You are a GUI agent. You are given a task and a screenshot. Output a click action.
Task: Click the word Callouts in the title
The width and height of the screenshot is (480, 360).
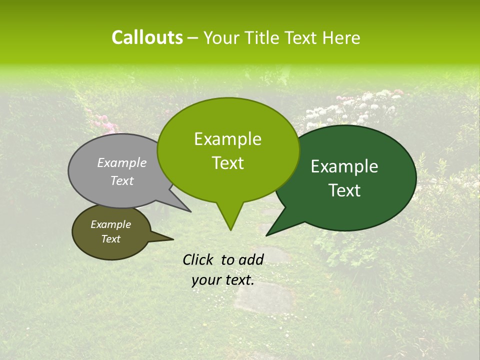(x=147, y=37)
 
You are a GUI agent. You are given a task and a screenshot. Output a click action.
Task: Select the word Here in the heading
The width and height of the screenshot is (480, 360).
(x=341, y=38)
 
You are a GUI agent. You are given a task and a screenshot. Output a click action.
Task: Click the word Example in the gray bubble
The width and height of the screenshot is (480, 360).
(x=122, y=162)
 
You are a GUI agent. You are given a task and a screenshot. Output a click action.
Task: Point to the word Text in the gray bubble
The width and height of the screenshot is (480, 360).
(x=122, y=180)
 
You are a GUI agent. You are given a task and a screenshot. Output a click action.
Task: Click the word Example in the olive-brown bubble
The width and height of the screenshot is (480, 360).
(x=110, y=224)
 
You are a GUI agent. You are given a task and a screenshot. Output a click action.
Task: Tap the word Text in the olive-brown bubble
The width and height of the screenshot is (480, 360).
(x=110, y=239)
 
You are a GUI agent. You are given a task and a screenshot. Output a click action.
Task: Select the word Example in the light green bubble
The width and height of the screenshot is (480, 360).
(x=227, y=139)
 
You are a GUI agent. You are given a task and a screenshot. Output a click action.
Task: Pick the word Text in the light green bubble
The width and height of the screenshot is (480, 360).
(x=227, y=163)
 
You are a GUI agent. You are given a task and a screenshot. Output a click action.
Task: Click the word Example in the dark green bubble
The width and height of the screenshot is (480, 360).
(x=344, y=166)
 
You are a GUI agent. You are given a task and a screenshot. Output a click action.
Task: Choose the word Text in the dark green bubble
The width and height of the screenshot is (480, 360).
(x=345, y=190)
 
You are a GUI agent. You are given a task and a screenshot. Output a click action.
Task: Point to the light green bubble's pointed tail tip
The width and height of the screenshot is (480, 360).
(x=230, y=230)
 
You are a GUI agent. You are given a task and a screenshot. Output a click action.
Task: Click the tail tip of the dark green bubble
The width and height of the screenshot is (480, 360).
(x=266, y=235)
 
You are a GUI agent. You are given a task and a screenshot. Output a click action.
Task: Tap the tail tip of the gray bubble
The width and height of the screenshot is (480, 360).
(x=190, y=211)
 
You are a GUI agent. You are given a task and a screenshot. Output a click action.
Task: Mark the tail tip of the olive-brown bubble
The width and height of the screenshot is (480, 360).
(x=173, y=239)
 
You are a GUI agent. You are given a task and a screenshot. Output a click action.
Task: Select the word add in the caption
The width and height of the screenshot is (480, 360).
(x=251, y=259)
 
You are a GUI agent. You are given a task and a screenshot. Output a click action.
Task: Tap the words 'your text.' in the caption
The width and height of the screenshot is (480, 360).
(x=223, y=280)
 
